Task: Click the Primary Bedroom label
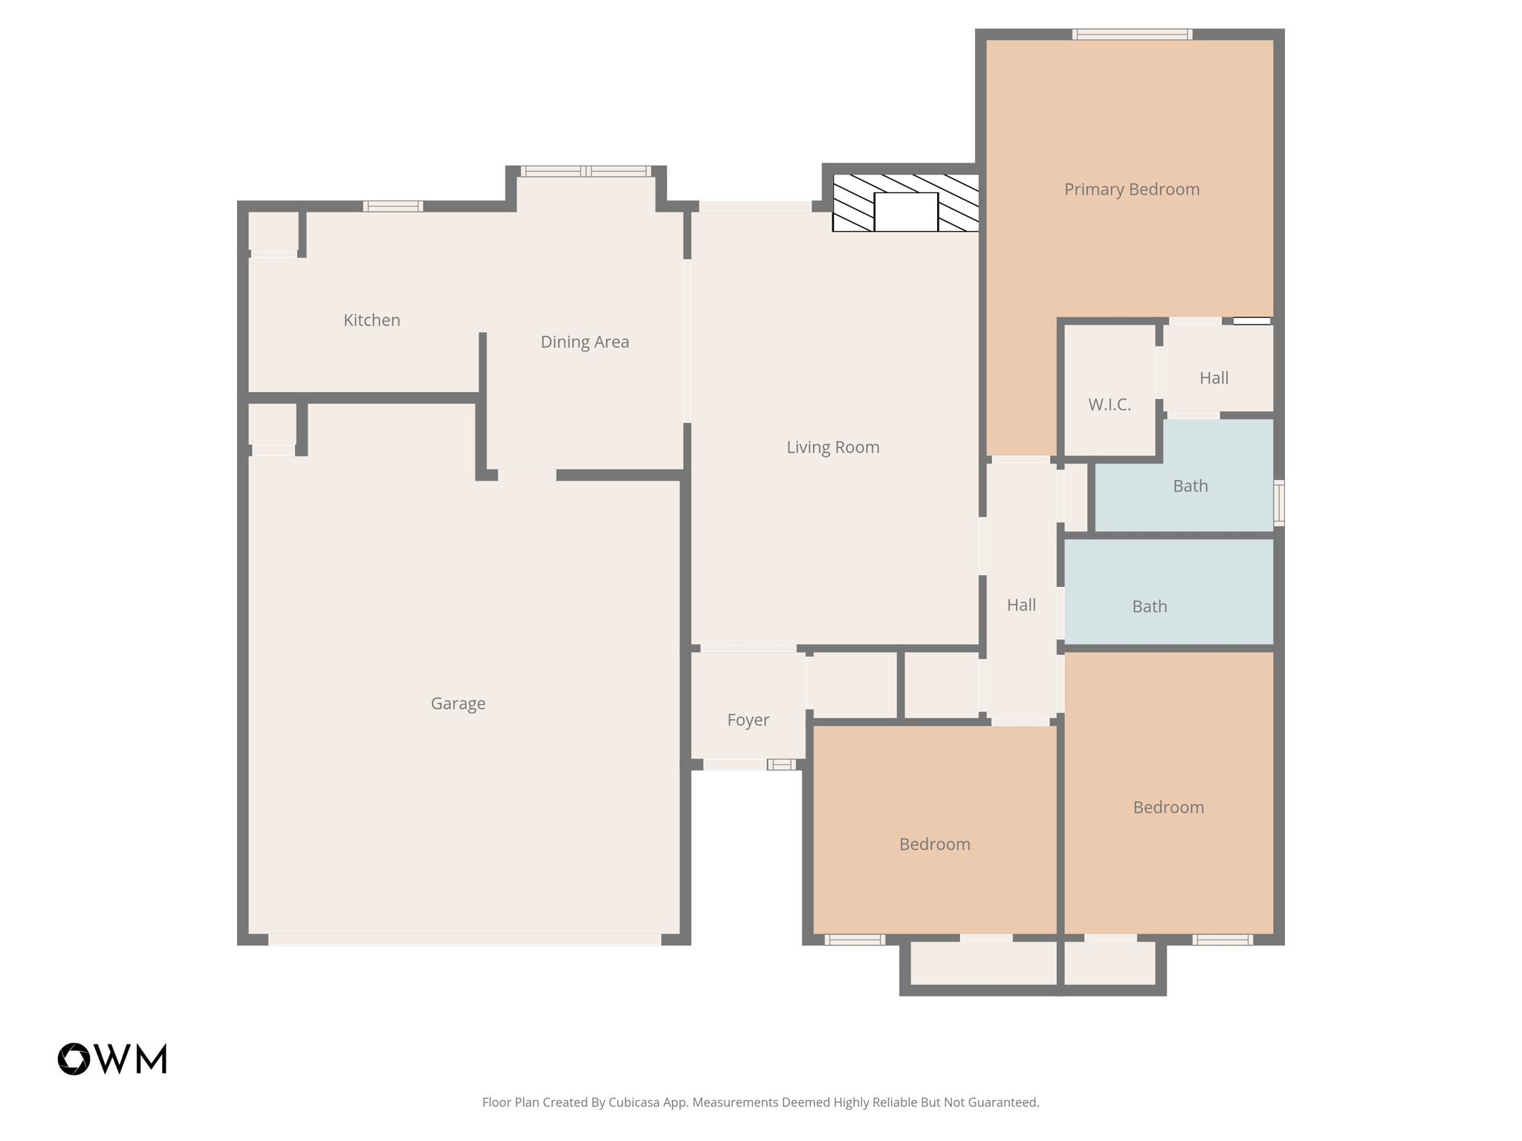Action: [x=1131, y=189]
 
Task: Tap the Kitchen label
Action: [x=372, y=320]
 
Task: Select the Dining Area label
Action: [x=584, y=342]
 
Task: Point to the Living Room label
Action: [x=832, y=447]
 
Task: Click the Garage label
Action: [x=458, y=703]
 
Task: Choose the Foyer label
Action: [x=748, y=720]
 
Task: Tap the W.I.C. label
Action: [x=1109, y=405]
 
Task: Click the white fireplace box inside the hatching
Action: [x=905, y=212]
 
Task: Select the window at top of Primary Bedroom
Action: [x=1132, y=34]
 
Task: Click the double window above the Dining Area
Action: [x=586, y=172]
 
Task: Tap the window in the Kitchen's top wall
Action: [x=393, y=207]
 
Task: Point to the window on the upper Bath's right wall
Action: [x=1279, y=503]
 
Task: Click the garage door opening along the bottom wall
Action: [x=464, y=940]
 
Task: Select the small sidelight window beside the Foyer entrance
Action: [x=781, y=764]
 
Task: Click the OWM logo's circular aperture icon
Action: [x=74, y=1059]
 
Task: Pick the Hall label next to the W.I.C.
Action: [x=1214, y=378]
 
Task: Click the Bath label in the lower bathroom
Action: [x=1149, y=607]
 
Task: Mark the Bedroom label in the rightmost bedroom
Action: [x=1168, y=807]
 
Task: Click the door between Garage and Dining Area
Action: [x=527, y=475]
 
